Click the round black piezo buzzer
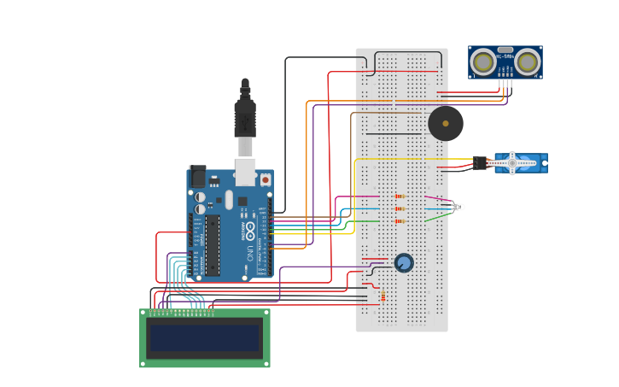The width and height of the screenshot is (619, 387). click(446, 123)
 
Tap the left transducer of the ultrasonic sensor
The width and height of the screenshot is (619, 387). click(483, 62)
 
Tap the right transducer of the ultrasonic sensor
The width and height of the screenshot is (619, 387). click(527, 62)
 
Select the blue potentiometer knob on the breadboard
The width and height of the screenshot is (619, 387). click(404, 262)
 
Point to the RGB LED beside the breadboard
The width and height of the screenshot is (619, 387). click(458, 207)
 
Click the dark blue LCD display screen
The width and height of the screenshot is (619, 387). click(204, 337)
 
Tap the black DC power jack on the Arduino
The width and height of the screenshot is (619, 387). click(197, 177)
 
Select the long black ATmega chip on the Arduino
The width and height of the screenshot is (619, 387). click(212, 245)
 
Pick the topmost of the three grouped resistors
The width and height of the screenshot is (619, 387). click(399, 196)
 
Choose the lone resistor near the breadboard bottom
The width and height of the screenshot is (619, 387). click(383, 296)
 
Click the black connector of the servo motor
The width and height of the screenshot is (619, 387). click(480, 162)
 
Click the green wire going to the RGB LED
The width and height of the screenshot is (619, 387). click(437, 217)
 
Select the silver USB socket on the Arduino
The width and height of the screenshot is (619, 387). click(246, 172)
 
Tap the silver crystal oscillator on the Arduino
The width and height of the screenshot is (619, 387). click(228, 200)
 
